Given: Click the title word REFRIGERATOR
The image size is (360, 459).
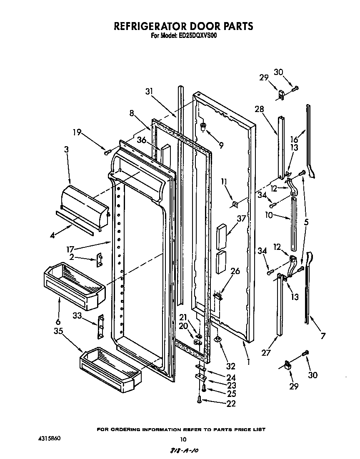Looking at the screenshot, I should click(x=151, y=26).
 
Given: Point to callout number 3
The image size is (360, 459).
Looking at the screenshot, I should click(x=67, y=149).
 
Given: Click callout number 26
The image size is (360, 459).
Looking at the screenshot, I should click(x=235, y=271).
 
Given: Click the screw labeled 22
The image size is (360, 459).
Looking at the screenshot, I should click(x=199, y=400).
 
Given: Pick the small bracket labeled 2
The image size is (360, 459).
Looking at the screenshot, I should click(x=100, y=260).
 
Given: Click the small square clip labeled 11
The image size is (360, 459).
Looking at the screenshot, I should click(x=235, y=204).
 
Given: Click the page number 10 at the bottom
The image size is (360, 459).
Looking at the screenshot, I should click(x=182, y=439).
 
